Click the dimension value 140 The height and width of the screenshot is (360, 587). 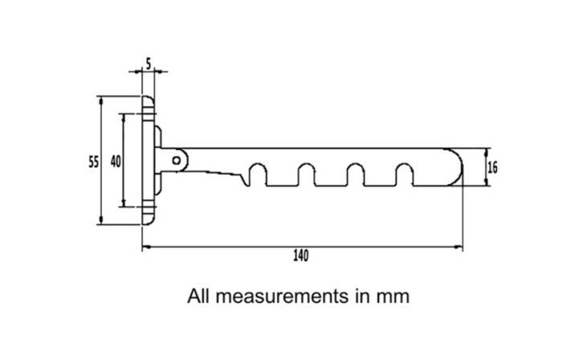pos(301,256)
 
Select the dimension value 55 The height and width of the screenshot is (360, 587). pos(94,162)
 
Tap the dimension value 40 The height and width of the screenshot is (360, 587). pos(116,162)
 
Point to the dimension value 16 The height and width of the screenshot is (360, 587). pos(493,167)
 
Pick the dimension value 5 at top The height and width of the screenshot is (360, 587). pos(149,64)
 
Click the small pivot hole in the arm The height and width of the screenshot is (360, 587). pos(177,161)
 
